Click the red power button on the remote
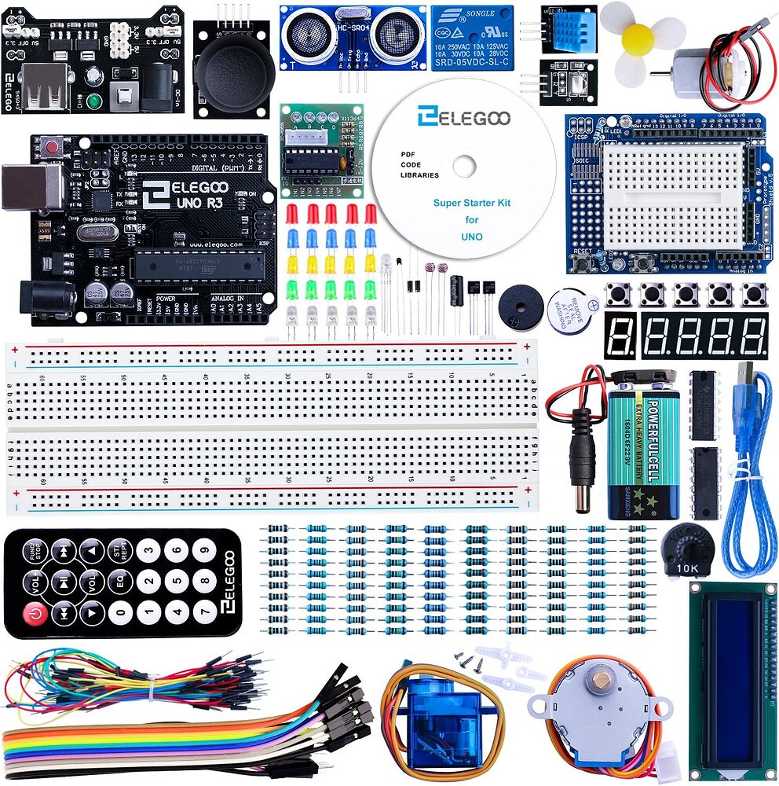pos(35,612)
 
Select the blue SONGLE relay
pos(471,37)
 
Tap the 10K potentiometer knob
pos(684,547)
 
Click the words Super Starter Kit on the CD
pos(471,203)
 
